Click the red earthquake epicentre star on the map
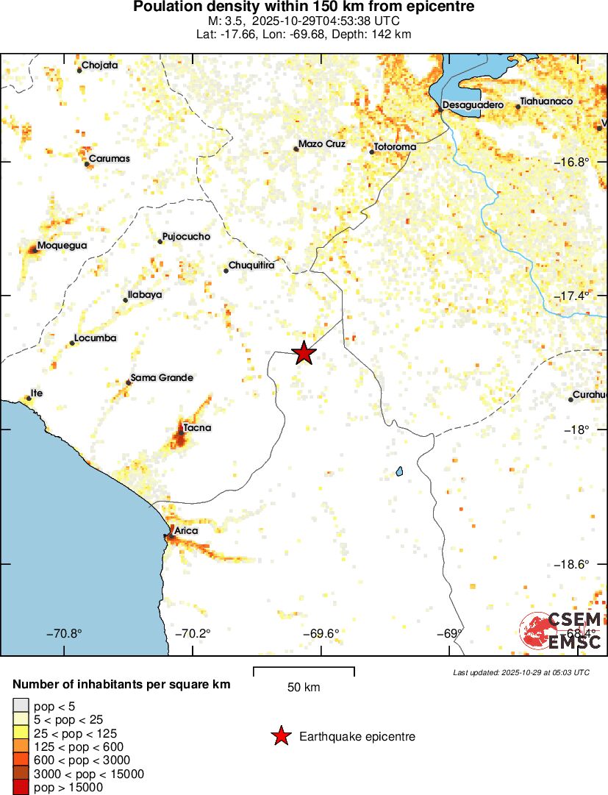304,354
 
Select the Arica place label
186,530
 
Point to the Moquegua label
62,246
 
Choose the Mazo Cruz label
321,144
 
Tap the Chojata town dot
79,71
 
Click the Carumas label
109,159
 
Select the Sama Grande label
162,378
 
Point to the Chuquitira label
251,265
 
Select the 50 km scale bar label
304,688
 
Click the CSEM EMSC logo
561,630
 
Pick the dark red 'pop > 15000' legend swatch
21,788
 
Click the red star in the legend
280,736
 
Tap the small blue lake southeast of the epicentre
400,471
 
